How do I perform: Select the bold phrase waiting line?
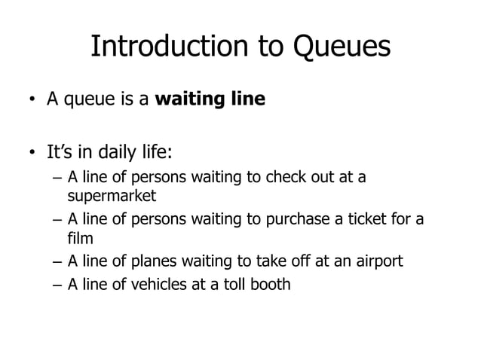210,99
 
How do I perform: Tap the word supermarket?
111,196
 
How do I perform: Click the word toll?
234,285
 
